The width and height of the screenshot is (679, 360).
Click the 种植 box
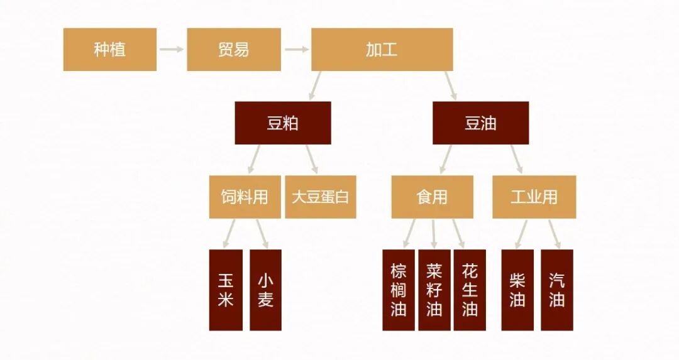point(110,50)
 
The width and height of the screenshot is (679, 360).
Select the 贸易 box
point(234,50)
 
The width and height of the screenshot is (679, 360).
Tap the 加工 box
point(382,50)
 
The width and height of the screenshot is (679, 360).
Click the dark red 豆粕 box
point(283,123)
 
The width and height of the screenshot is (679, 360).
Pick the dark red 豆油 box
point(480,123)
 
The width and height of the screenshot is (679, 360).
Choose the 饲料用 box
point(245,197)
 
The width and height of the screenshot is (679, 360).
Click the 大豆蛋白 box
point(321,197)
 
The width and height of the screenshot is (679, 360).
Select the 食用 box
point(432,197)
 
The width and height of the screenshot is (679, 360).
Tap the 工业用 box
point(534,197)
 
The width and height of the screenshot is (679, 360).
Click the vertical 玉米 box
point(226,290)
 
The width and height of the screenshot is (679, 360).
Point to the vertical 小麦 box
point(265,290)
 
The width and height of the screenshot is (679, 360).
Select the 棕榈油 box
point(399,290)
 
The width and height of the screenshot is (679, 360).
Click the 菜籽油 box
point(434,290)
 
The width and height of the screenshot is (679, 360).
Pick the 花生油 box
point(470,290)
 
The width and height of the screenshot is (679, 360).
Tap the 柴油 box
point(517,290)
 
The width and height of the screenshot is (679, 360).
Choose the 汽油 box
point(557,290)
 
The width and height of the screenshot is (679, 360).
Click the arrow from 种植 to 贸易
point(171,49)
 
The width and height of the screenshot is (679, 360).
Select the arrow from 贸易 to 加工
point(296,49)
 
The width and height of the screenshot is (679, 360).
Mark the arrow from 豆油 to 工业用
point(516,159)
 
